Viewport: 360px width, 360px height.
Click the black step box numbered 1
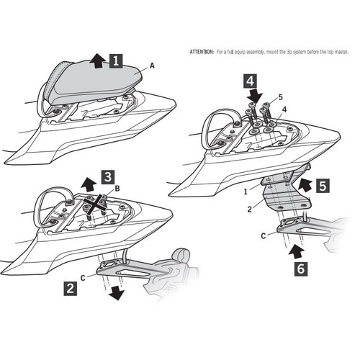coord(117,63)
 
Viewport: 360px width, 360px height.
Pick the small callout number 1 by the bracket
coord(245,192)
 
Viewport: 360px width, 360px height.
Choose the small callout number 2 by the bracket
coord(249,210)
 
